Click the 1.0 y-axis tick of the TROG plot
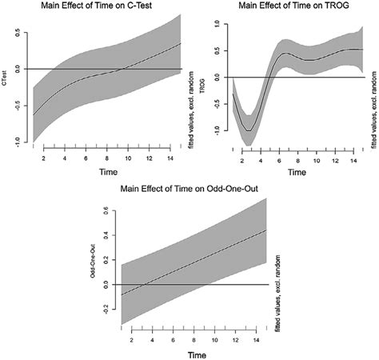pyautogui.click(x=217, y=24)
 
